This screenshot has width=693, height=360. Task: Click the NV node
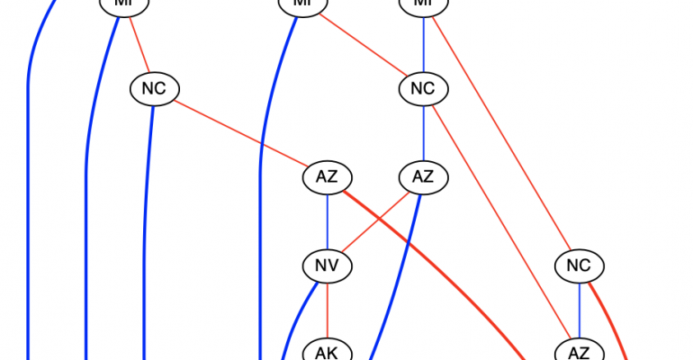(326, 265)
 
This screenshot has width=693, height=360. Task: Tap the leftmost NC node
(155, 88)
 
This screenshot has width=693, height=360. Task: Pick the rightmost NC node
(579, 265)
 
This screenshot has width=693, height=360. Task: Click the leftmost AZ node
(326, 176)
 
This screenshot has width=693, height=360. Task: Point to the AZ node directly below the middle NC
(423, 176)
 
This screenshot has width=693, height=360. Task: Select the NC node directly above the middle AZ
(423, 88)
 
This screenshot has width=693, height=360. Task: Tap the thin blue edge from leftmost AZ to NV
(326, 220)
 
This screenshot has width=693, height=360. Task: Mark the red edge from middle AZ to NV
(376, 220)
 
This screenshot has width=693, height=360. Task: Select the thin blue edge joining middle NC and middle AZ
(423, 132)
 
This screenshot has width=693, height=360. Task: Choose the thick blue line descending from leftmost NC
(146, 225)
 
